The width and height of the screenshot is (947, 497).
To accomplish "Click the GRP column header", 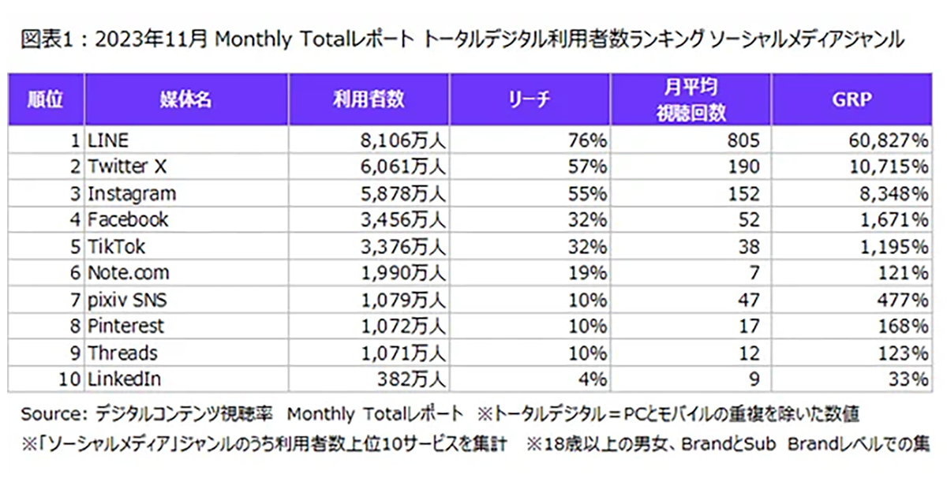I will [x=850, y=99].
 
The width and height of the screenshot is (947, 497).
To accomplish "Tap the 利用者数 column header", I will [x=369, y=99].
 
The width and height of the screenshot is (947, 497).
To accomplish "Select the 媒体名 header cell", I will [x=186, y=99].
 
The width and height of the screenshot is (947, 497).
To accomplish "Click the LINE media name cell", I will [x=108, y=140].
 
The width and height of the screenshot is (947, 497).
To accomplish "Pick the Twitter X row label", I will [x=128, y=167].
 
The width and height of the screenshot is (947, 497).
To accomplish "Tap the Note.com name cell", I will [x=128, y=274].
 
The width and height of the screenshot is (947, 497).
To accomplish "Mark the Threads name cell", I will [x=122, y=353].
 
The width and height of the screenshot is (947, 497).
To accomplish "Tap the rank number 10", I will [x=70, y=379].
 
